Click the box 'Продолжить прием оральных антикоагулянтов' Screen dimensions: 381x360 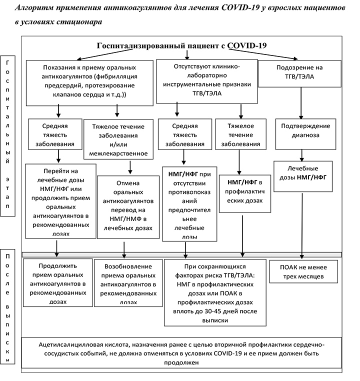[58, 281]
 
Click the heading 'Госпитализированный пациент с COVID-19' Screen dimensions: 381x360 [181, 45]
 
